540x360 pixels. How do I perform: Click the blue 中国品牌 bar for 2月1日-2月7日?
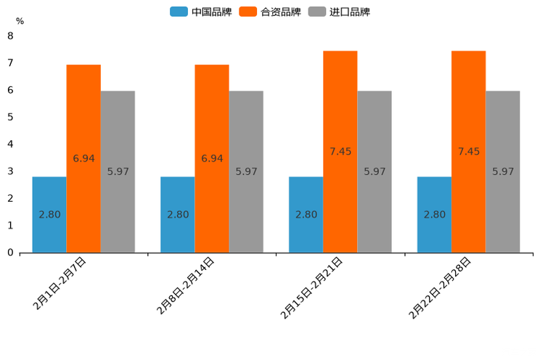[49, 215]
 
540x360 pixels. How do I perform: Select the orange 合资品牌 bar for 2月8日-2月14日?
[212, 158]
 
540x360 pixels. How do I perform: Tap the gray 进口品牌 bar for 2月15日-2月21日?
[375, 171]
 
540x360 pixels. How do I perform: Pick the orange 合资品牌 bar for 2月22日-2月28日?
[468, 151]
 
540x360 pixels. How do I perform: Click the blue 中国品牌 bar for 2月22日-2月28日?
[434, 215]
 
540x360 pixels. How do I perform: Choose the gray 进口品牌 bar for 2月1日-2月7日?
[118, 171]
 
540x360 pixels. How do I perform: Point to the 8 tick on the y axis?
[10, 36]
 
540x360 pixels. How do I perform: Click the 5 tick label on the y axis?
[10, 117]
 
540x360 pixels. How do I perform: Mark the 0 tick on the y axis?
[10, 253]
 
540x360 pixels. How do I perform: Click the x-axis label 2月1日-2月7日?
[60, 284]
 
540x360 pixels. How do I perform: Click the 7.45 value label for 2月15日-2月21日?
[340, 152]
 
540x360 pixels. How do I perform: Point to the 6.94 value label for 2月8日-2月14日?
[212, 158]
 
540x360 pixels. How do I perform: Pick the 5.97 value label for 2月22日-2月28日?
[503, 172]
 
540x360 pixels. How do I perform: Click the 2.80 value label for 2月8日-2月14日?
[178, 215]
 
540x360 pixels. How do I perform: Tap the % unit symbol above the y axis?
[20, 22]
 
